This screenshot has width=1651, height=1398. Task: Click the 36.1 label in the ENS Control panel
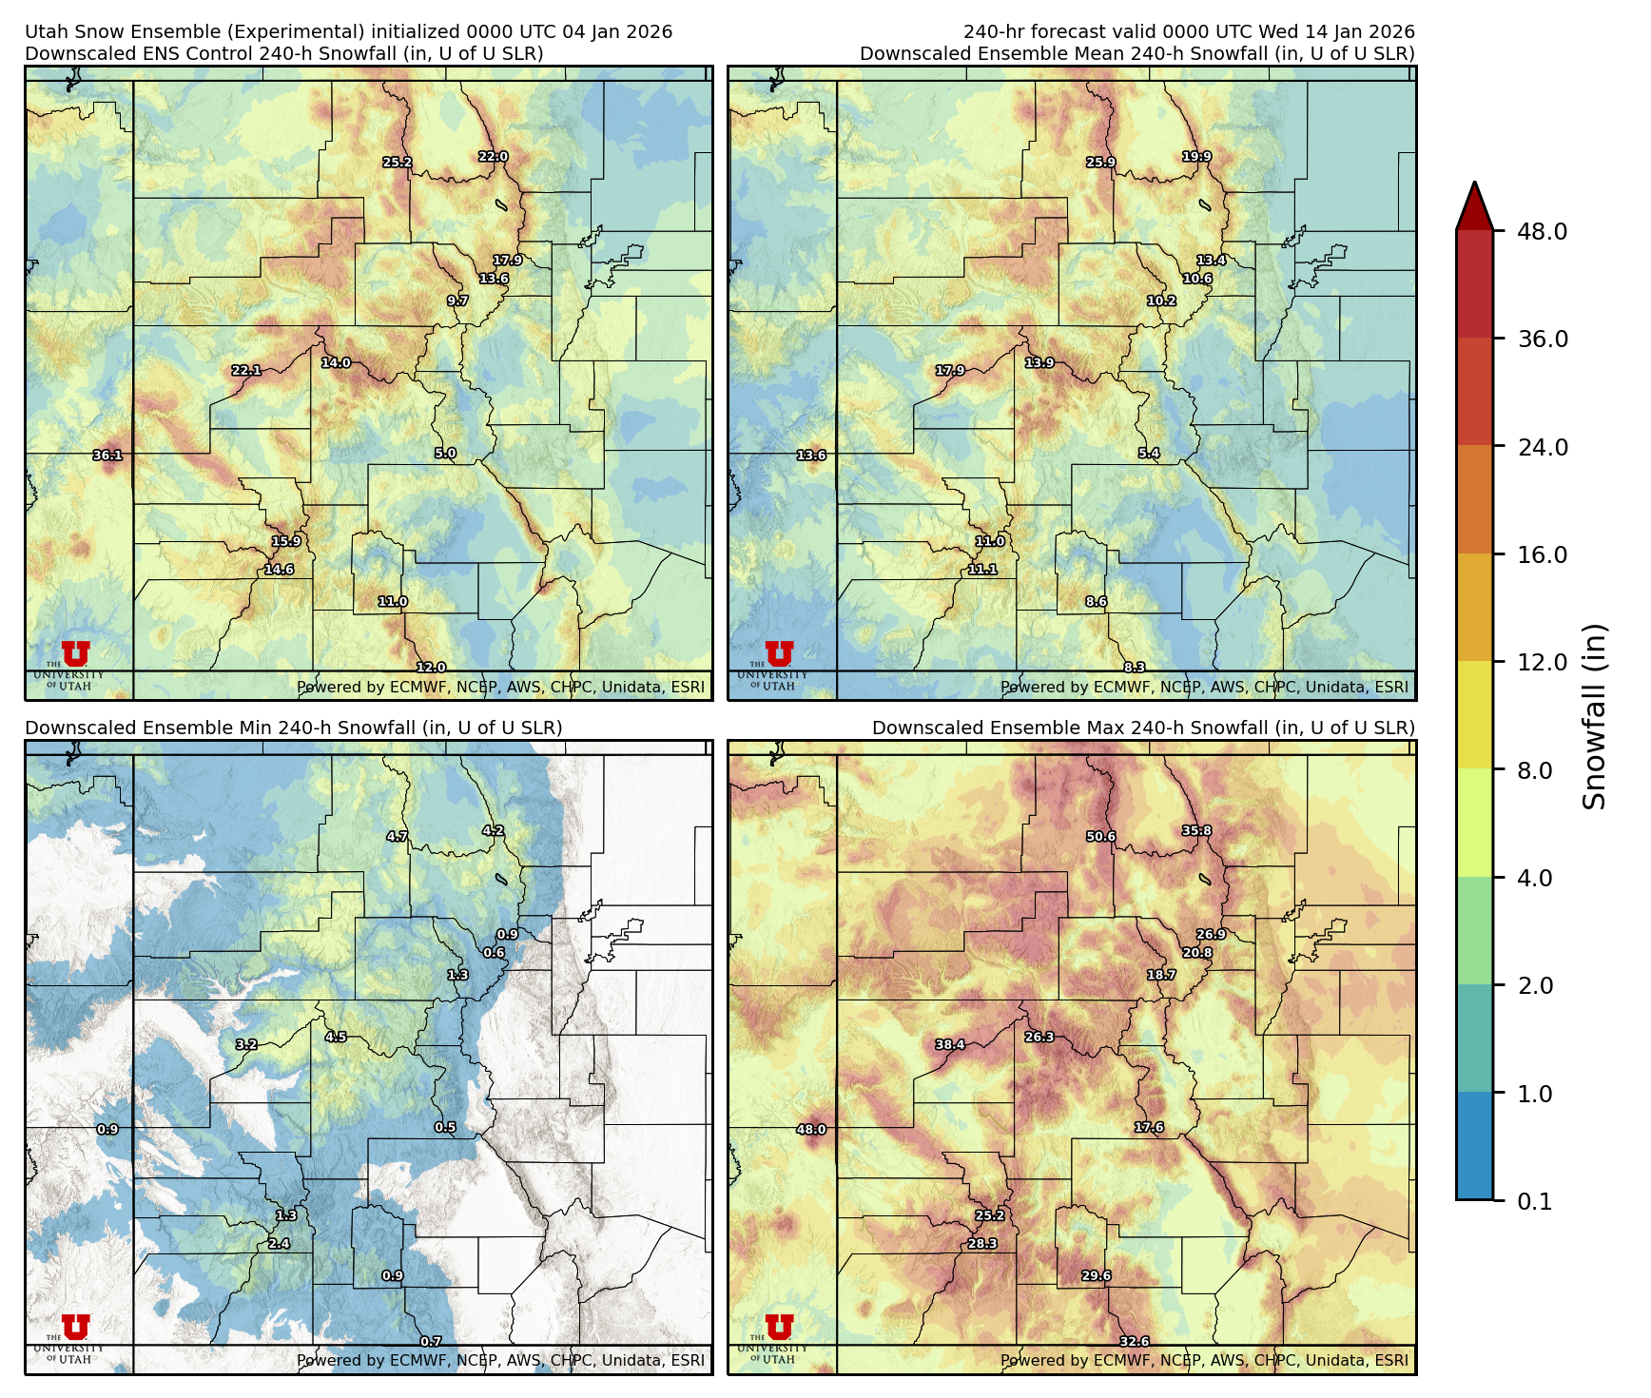pos(107,456)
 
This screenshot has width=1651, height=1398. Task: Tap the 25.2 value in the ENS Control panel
pos(398,163)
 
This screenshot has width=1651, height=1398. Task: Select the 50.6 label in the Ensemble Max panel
pos(1100,837)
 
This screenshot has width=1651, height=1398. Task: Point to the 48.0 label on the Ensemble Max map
pos(811,1130)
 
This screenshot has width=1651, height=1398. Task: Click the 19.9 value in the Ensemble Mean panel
pos(1196,157)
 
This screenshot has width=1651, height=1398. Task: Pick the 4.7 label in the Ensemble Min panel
pos(397,837)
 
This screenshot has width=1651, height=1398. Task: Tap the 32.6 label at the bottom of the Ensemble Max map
pos(1134,1342)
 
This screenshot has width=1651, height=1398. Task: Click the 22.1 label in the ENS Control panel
pos(246,371)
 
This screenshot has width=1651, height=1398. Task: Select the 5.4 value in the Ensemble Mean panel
pos(1149,454)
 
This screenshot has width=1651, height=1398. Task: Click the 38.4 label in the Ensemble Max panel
pos(950,1045)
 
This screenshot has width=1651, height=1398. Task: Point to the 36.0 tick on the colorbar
pos(1542,340)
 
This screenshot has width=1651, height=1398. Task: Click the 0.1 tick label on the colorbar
pos(1534,1202)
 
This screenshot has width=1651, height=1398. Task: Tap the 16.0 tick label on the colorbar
pos(1542,555)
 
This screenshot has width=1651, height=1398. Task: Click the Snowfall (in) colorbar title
pos(1594,716)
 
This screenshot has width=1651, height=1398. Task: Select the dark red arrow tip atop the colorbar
pos(1474,204)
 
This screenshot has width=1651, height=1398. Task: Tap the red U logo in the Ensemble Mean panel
pos(779,654)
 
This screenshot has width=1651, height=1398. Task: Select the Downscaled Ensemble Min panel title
pos(293,728)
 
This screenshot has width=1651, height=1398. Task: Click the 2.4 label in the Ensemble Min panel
pos(279,1244)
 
